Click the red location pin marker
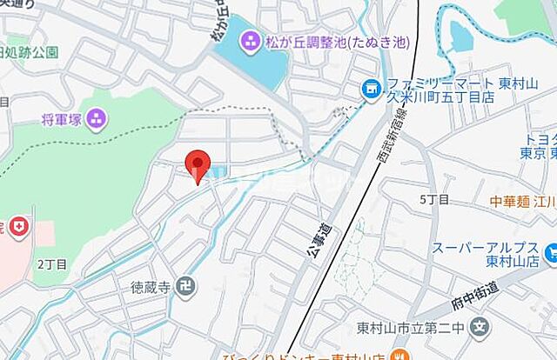199,163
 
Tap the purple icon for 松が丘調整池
250,40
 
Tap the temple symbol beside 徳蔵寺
187,284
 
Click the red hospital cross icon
17,229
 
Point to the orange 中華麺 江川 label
521,201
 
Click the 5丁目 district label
434,200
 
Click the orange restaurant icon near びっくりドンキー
398,354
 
